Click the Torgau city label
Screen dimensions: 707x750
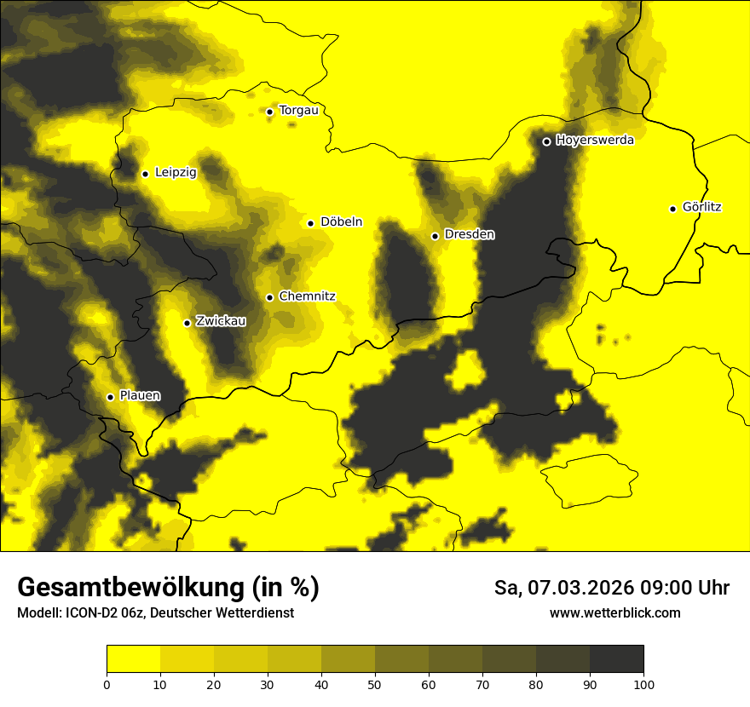[x=298, y=110]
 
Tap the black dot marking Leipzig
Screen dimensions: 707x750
[x=145, y=174]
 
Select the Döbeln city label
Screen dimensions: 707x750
[x=341, y=222]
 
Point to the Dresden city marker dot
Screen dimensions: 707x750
[x=435, y=236]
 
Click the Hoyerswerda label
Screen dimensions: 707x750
[x=595, y=141]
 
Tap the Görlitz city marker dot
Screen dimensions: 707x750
[x=672, y=209]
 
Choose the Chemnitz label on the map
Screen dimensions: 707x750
[x=307, y=296]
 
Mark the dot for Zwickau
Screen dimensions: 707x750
[x=187, y=323]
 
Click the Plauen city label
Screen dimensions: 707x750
[x=140, y=396]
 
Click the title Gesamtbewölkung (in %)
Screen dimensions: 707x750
[x=168, y=588]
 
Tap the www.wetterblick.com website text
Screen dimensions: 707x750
[x=614, y=613]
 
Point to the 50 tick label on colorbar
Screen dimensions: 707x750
[x=375, y=683]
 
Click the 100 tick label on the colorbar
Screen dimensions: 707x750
[x=643, y=683]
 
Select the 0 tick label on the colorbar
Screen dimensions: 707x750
[x=107, y=683]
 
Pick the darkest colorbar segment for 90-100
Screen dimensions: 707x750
[x=616, y=658]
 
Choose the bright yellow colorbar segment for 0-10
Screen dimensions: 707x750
[x=133, y=658]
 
